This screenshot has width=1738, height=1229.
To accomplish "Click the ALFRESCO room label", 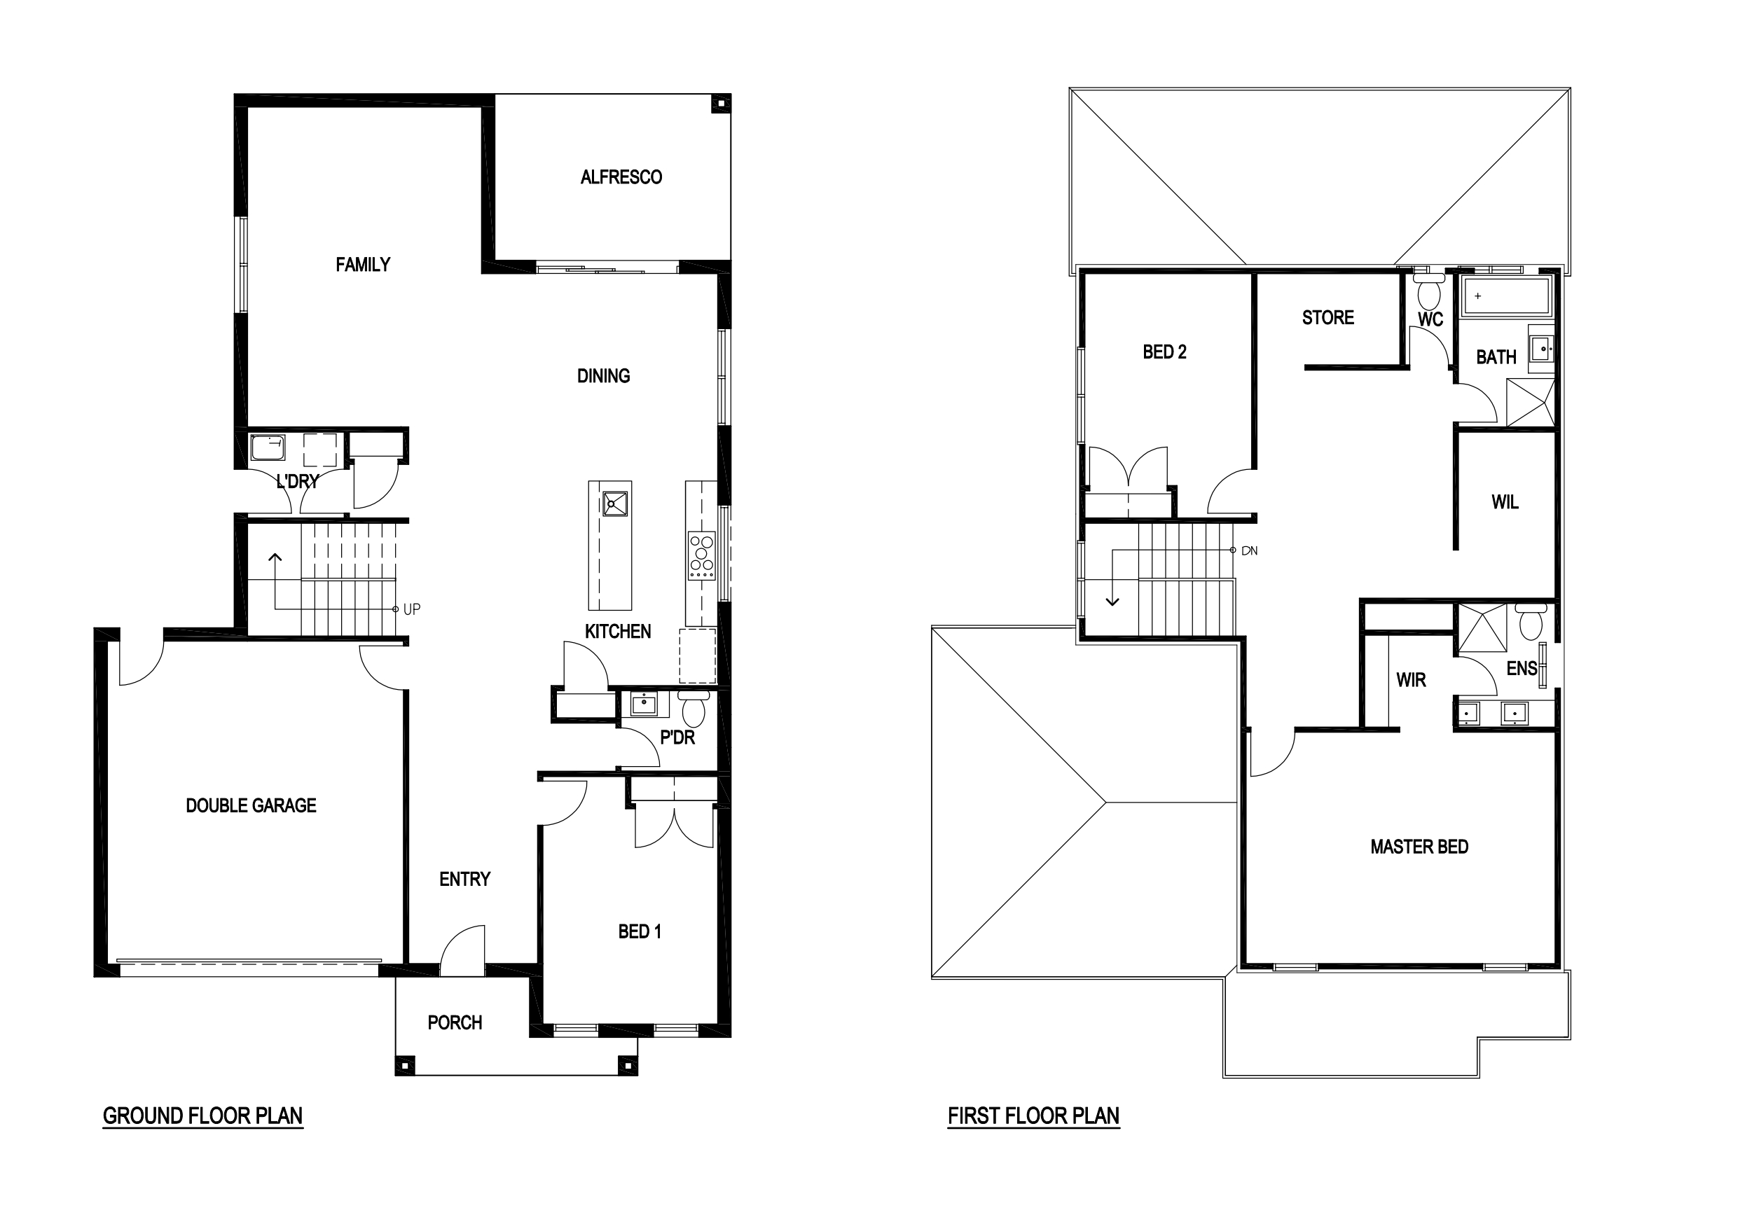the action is pos(621,177).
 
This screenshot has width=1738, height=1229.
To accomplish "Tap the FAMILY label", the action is pos(363,265).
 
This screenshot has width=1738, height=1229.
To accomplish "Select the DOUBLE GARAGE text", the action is pos(251,806).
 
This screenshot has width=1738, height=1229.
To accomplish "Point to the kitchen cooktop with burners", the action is pos(702,555).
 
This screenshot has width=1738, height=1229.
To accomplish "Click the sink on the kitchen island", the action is pos(614,504).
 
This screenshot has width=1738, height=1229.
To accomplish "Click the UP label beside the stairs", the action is pos(412,609).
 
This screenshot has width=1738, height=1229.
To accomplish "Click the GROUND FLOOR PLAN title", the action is pos(203,1116).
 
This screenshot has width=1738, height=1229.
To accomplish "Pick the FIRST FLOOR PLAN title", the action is pos(1033,1116).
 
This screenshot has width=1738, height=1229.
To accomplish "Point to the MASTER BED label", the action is pos(1419,847).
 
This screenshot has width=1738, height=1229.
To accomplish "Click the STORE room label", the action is pos(1327,318).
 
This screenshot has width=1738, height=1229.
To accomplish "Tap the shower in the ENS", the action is pos(1483,627).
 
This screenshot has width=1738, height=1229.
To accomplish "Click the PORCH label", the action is pos(454,1023).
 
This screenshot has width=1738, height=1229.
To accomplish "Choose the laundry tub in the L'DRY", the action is pos(268,447).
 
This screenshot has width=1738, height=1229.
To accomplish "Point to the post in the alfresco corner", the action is pos(722,104).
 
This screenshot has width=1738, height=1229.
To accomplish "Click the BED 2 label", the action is pos(1164,352).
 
